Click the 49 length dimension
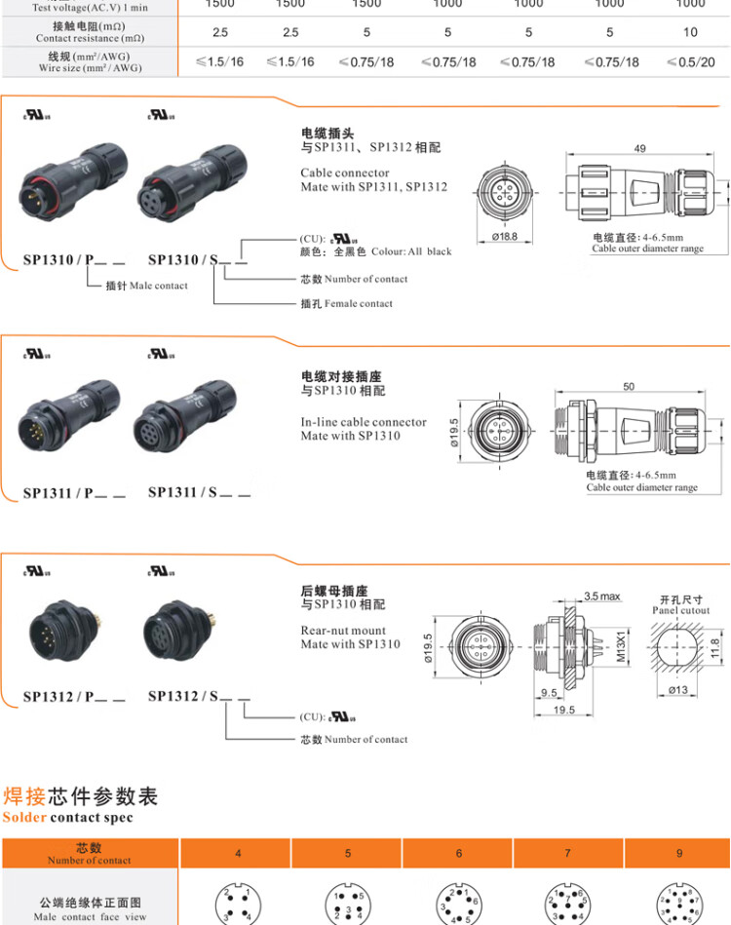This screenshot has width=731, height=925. coord(639,149)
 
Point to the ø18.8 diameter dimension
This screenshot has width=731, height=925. coord(504,237)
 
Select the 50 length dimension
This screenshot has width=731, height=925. coord(629,387)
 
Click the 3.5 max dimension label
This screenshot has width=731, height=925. coord(601,596)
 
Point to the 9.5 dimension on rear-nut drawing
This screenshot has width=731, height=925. coord(549,694)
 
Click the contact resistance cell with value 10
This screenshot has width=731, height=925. coord(690,32)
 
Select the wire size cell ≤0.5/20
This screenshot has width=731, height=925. coord(690,61)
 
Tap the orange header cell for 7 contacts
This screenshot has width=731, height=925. coord(568,853)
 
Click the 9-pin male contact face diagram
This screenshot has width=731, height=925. coord(679,904)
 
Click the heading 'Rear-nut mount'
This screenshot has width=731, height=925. coord(343,630)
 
